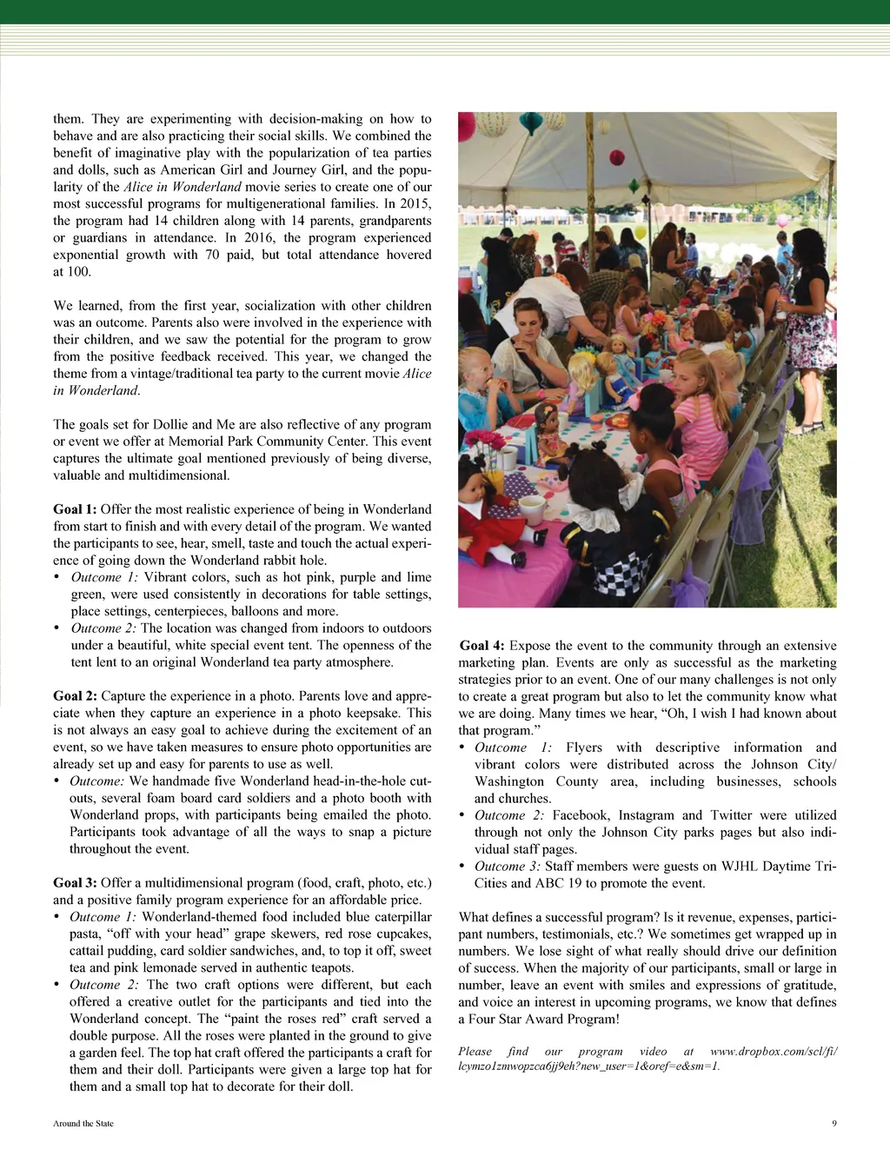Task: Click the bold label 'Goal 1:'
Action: coord(75,509)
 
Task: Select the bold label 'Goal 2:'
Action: coord(75,696)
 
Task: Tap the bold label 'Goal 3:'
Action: coord(75,883)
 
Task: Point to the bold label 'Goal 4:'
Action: coord(482,646)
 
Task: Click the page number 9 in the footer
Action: coord(834,1123)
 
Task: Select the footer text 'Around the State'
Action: coord(83,1123)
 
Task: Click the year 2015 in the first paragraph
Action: coord(415,204)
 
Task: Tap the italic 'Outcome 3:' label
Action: coord(508,867)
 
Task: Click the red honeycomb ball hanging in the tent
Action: coord(617,157)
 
